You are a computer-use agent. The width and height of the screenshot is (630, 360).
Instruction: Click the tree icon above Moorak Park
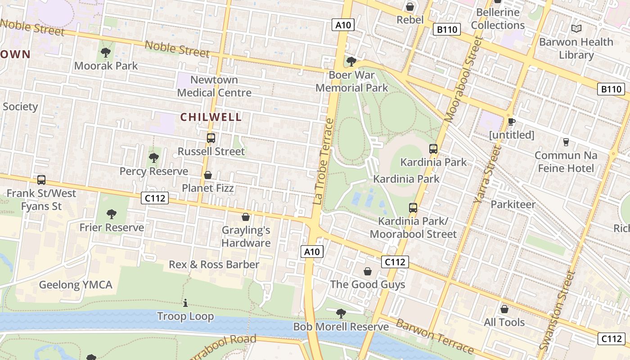coord(106,53)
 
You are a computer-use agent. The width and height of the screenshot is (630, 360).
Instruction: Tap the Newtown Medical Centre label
coord(214,86)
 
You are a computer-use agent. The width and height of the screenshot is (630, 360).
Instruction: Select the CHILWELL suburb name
coord(211,117)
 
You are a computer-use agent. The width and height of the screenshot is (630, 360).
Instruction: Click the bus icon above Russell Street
coord(211,138)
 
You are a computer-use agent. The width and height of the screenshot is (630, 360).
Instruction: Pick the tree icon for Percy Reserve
coord(154,158)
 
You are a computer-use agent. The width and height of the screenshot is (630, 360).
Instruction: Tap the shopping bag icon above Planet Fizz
coord(208,175)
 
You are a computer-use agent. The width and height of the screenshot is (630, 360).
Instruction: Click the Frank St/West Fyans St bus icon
coord(41,180)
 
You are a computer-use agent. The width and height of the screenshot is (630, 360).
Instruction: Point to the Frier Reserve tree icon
coord(112,214)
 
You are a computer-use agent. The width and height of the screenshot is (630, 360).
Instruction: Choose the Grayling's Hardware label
coord(246,237)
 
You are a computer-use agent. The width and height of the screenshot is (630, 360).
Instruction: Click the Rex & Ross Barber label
coord(214,264)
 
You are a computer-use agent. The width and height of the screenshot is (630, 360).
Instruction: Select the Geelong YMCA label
coord(76,284)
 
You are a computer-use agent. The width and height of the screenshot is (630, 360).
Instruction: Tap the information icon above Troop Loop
coord(185,303)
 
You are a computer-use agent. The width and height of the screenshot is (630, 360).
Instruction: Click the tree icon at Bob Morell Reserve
coord(341,313)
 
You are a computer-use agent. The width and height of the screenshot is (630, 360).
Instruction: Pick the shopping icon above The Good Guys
coord(368,271)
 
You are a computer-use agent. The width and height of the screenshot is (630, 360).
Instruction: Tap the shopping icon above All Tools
coord(504,309)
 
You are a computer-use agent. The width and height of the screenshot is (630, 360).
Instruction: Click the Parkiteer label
coord(513,204)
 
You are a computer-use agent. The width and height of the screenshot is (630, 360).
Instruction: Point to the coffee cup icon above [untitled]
coord(511,121)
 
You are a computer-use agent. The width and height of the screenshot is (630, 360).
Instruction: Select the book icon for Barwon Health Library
coord(576,29)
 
